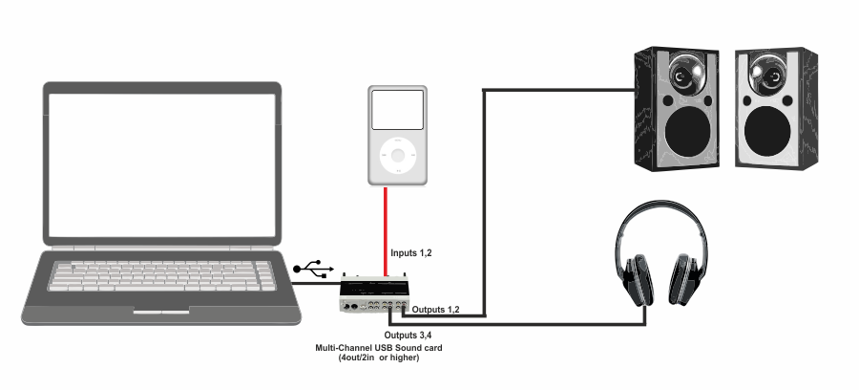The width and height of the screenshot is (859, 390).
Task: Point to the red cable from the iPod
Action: coord(386,229)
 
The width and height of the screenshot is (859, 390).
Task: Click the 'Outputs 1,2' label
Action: coord(436,311)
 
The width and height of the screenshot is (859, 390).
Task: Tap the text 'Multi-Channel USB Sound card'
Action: coord(378,348)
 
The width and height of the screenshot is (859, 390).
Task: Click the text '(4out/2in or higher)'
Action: coord(378,358)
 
